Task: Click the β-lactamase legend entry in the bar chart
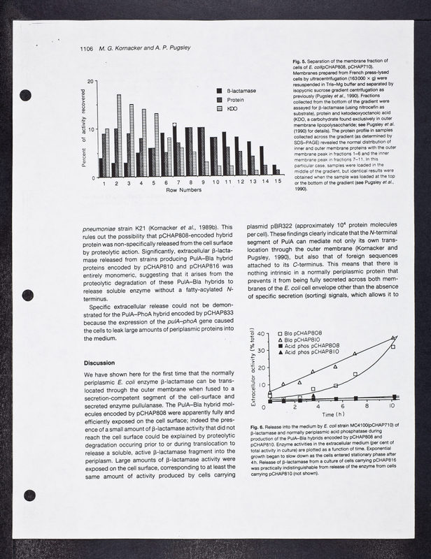point(241,92)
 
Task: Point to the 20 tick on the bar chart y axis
point(91,82)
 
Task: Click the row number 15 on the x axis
point(277,183)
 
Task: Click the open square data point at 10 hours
point(393,347)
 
